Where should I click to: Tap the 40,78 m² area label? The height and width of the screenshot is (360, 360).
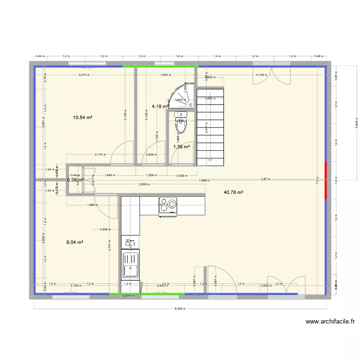pyautogui.click(x=233, y=192)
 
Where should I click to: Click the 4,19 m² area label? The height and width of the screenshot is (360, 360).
pyautogui.click(x=160, y=106)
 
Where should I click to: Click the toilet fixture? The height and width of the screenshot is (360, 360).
pyautogui.click(x=180, y=122)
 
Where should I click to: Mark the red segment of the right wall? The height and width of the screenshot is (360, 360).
pyautogui.click(x=326, y=180)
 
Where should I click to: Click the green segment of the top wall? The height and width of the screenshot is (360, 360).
pyautogui.click(x=160, y=66)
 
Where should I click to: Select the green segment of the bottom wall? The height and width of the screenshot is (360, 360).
pyautogui.click(x=146, y=294)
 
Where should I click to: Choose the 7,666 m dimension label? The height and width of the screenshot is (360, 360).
pyautogui.click(x=204, y=180)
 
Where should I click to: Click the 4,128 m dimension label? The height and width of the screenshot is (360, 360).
pyautogui.click(x=261, y=75)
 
